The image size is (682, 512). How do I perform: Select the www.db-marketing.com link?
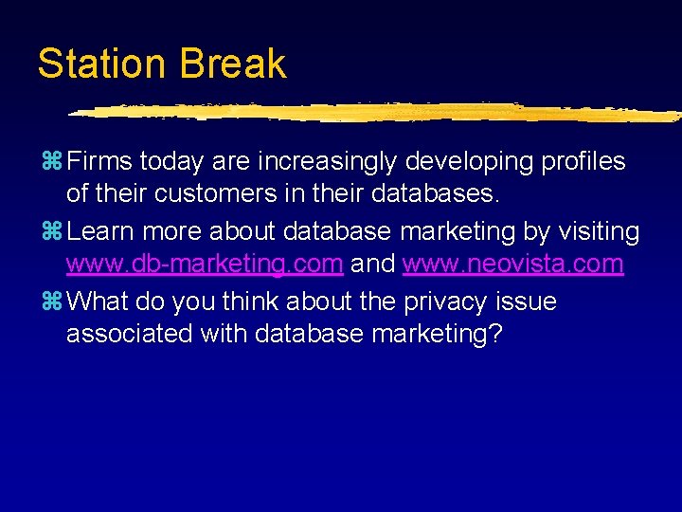pyautogui.click(x=204, y=265)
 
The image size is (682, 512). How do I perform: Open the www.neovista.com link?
pyautogui.click(x=512, y=265)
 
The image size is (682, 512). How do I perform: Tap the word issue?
pyautogui.click(x=531, y=302)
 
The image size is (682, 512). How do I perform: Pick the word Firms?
pyautogui.click(x=100, y=162)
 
